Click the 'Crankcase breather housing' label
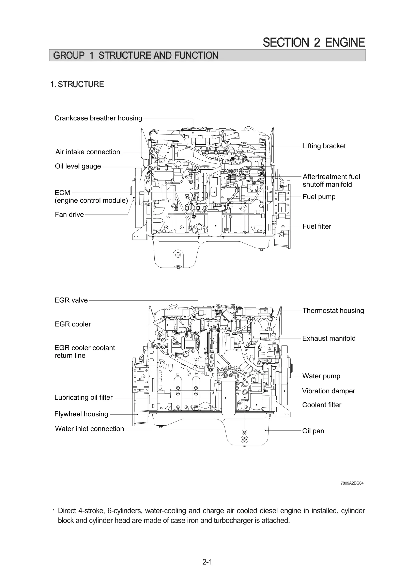(x=98, y=118)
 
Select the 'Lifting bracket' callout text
(x=324, y=146)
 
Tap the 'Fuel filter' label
(x=317, y=226)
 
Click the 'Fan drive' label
(x=69, y=215)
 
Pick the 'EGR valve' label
(x=71, y=300)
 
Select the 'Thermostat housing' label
(x=333, y=311)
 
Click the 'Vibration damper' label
(x=328, y=391)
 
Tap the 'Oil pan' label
(x=313, y=431)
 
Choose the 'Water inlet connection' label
(x=90, y=429)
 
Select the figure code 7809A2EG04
(x=352, y=483)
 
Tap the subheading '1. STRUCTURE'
(x=77, y=84)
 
